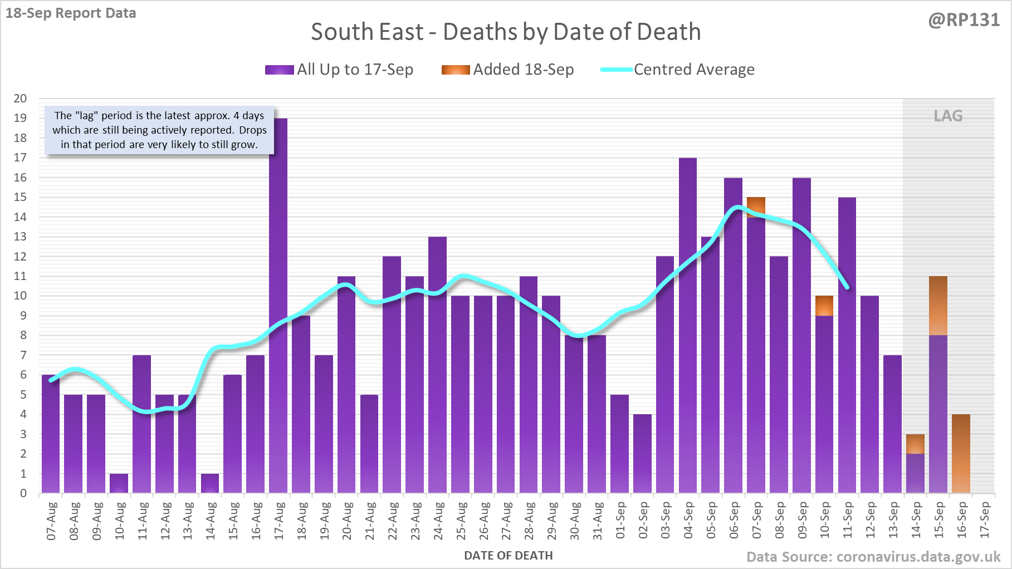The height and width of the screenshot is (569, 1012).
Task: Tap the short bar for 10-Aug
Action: point(119,483)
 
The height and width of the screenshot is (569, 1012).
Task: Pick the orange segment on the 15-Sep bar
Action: point(938,306)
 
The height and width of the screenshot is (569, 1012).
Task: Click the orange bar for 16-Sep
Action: point(961,454)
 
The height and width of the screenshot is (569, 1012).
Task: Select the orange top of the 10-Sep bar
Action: point(824,306)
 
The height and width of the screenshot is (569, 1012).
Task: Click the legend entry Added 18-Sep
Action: point(508,70)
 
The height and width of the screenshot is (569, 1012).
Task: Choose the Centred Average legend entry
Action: point(678,70)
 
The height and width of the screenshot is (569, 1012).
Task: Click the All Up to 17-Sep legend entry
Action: point(340,70)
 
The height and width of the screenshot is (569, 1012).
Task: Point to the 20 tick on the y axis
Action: point(20,99)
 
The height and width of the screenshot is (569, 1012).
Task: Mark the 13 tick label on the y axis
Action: point(20,237)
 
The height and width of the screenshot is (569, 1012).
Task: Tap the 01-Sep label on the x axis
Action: point(620,521)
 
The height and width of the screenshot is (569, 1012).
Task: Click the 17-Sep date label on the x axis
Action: point(985,521)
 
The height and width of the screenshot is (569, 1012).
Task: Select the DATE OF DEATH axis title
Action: point(508,556)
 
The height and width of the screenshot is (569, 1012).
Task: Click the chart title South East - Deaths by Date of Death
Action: point(506,32)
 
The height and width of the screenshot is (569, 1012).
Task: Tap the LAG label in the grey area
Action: point(948,116)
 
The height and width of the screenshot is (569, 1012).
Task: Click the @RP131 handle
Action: point(964,20)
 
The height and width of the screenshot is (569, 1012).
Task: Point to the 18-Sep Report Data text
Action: point(71,13)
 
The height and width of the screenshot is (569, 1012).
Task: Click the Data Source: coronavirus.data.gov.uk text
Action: point(873,557)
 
